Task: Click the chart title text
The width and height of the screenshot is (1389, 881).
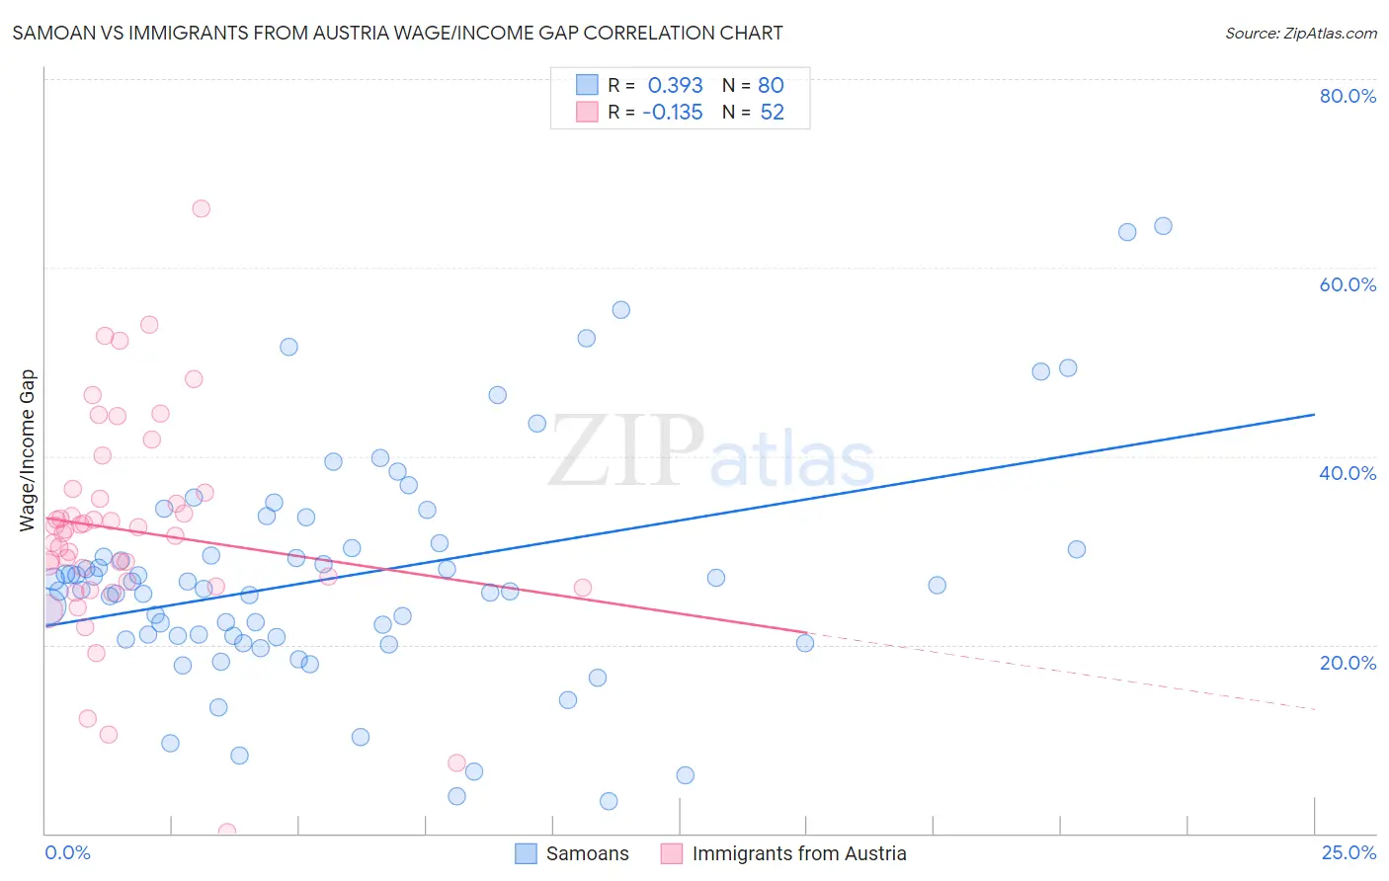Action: point(397,34)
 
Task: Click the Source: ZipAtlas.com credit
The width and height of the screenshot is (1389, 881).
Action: point(1300,34)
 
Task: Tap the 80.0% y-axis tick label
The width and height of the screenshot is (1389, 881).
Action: point(1348,96)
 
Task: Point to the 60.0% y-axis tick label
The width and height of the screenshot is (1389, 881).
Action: point(1348,284)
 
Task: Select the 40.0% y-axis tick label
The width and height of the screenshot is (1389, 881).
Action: point(1348,473)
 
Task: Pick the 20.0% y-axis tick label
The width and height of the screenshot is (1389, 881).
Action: point(1348,663)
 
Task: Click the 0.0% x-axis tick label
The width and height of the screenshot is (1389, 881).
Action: point(67,853)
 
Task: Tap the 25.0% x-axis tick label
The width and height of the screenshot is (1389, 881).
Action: point(1348,853)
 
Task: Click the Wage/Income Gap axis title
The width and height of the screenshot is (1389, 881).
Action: point(28,450)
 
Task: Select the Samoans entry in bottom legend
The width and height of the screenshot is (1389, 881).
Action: point(587,854)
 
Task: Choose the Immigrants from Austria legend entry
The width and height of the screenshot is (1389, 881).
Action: point(798,854)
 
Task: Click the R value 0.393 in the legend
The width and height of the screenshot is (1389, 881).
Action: point(675,86)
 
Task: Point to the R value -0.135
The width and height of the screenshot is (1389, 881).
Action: point(672,113)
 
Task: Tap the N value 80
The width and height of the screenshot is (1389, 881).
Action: point(771,86)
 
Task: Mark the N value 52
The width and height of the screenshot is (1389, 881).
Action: point(772,113)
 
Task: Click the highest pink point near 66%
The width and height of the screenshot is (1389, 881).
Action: point(201,208)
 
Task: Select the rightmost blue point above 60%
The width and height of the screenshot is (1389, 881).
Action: point(1163,226)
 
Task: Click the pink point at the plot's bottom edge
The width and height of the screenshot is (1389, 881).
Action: point(226,832)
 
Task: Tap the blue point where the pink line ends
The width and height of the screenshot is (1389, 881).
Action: point(805,643)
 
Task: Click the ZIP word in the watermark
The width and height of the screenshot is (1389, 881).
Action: point(626,451)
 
